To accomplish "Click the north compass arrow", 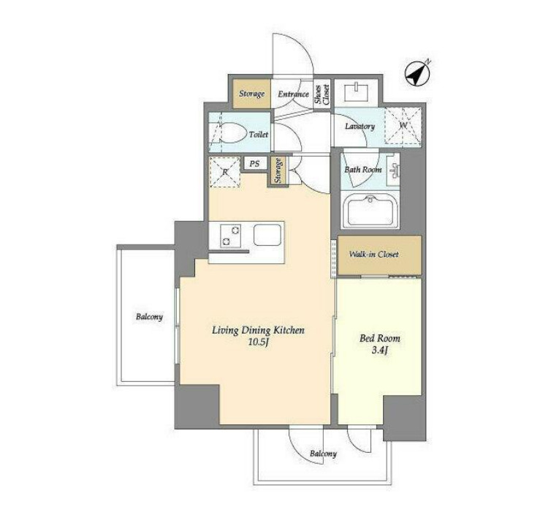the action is tap(417, 74).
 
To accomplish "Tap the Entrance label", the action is tap(294, 94).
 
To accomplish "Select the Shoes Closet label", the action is tap(322, 95).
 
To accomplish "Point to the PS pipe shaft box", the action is tap(254, 163).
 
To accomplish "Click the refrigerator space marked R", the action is tap(225, 172).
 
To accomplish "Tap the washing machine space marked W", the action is tap(403, 126).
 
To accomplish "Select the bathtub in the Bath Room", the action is tap(370, 211).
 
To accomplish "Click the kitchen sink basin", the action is tap(267, 235).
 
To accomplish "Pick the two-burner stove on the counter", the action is tap(230, 236).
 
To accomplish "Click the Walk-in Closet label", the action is tap(374, 255).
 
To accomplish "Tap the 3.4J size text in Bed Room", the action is tap(380, 350).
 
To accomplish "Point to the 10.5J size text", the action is tap(258, 343).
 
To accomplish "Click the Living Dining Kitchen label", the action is tap(258, 331).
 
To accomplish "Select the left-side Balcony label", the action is tap(149, 317).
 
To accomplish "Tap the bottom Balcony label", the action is tap(323, 454).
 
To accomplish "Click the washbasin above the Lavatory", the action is tap(356, 92).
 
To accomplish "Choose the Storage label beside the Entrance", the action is tap(252, 94).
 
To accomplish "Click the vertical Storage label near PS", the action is tap(278, 170).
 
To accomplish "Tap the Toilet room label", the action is tap(258, 135).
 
